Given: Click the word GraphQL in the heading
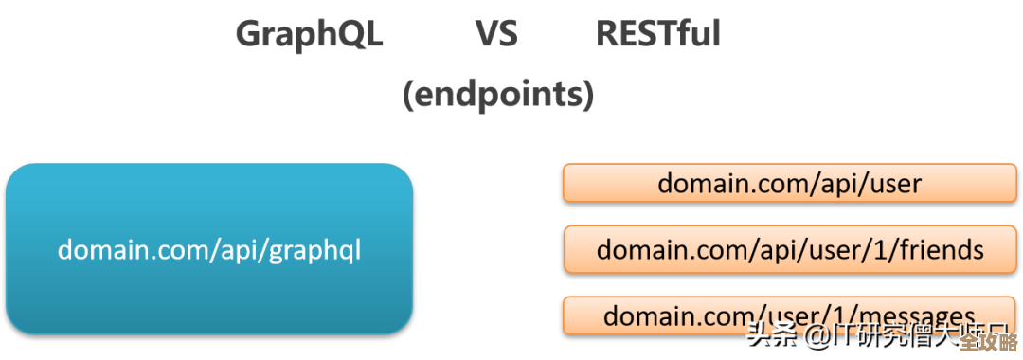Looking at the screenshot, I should (x=309, y=35).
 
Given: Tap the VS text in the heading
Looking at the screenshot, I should (x=496, y=35).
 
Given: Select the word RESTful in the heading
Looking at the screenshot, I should (x=658, y=35).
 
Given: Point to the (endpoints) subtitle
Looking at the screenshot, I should (x=498, y=95).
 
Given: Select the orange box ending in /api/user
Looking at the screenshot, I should (x=789, y=183).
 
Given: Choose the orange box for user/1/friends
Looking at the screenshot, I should (x=789, y=249).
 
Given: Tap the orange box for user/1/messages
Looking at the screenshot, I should (x=789, y=315).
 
